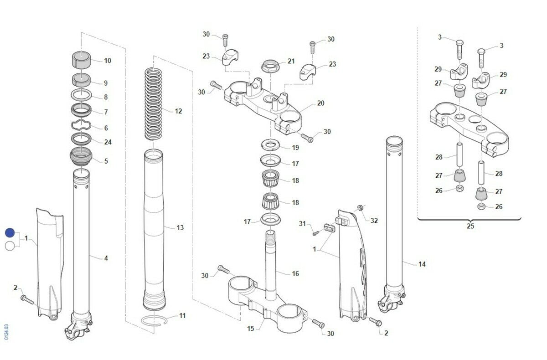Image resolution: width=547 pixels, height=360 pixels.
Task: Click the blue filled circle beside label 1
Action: [x=10, y=233]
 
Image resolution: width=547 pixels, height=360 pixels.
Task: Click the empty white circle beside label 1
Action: [x=10, y=246]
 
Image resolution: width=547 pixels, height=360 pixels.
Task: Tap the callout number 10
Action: [x=108, y=61]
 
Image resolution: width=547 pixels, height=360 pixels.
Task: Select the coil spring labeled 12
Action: [x=153, y=104]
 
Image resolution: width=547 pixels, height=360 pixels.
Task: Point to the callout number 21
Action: [x=291, y=61]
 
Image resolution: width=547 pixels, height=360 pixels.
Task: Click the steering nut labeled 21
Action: [x=270, y=66]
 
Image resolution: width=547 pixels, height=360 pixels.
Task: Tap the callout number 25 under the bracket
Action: [x=470, y=226]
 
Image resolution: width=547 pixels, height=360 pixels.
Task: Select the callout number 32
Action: [x=374, y=221]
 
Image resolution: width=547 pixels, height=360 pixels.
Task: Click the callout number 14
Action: [x=422, y=264]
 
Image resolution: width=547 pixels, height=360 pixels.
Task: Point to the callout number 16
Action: [x=295, y=273]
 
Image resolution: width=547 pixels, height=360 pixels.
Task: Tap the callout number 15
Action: [x=251, y=329]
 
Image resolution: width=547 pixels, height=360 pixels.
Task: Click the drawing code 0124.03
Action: [x=6, y=332]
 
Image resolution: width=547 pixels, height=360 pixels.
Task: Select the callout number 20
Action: [x=320, y=103]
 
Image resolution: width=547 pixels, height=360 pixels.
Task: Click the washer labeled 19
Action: [x=270, y=144]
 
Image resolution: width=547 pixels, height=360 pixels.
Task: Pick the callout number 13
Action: [x=180, y=228]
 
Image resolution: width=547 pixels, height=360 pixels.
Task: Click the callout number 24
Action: [x=108, y=142]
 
